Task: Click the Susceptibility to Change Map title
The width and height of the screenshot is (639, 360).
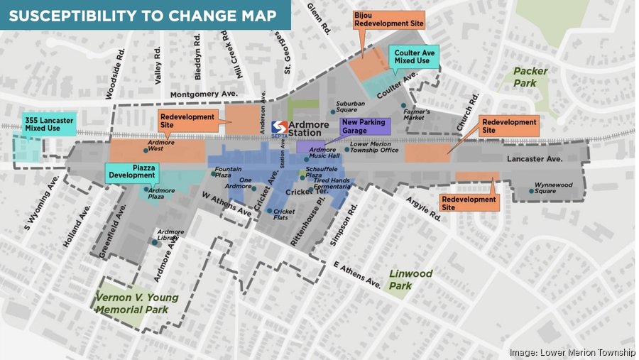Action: (142, 15)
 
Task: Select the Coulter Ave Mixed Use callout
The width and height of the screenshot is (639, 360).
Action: (414, 55)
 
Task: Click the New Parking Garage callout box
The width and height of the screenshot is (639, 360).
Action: (364, 127)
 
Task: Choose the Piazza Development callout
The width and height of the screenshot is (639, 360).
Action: (131, 170)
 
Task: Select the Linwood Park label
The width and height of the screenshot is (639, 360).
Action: (410, 279)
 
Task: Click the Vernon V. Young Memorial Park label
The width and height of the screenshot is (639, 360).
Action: (137, 303)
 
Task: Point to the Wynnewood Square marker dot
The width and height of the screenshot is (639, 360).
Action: (532, 190)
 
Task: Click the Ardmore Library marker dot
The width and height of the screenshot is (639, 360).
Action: (155, 243)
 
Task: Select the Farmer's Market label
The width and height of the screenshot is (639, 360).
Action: (417, 114)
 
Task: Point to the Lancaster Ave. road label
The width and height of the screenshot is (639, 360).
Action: (531, 160)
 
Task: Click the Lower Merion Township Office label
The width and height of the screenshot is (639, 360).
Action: (375, 147)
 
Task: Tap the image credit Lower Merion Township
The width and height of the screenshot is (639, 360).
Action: (572, 353)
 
